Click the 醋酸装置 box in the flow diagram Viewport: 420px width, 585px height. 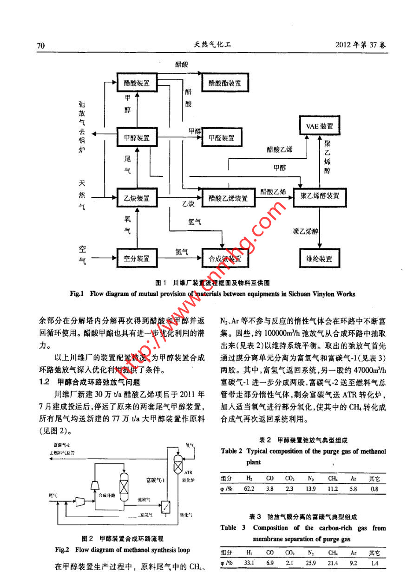point(137,83)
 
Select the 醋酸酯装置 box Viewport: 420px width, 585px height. point(225,83)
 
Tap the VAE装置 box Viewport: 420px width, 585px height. point(319,126)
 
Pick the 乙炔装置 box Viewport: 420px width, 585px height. point(137,198)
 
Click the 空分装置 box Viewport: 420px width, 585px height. point(137,259)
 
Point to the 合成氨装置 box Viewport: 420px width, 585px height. point(225,259)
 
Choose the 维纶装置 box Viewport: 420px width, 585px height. point(319,259)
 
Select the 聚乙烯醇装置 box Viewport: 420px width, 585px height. point(319,196)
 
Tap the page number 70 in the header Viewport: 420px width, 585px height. point(40,45)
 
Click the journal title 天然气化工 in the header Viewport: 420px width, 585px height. point(212,45)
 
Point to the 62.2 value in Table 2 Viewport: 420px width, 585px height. point(249,489)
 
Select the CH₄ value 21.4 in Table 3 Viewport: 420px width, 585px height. point(333,563)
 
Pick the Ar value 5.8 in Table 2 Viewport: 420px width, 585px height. point(354,489)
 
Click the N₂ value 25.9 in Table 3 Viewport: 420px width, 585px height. point(311,563)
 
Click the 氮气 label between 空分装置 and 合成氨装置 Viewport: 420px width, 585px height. point(182,252)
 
